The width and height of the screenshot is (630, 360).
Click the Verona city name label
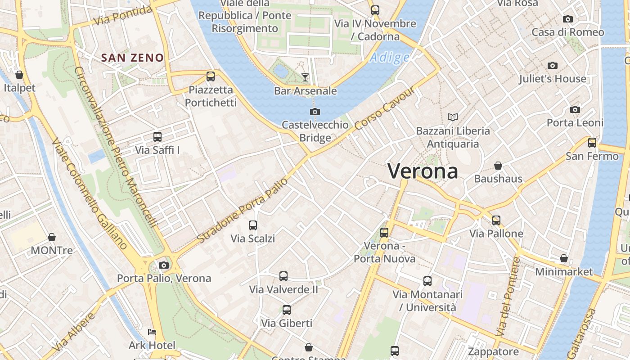(x=423, y=171)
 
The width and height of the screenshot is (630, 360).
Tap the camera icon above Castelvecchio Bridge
(x=315, y=112)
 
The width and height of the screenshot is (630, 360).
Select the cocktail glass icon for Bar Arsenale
(x=305, y=77)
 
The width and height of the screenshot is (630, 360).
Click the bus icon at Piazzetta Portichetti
(x=211, y=76)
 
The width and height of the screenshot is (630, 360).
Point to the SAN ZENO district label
(x=132, y=58)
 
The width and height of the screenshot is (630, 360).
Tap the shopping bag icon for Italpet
(x=19, y=74)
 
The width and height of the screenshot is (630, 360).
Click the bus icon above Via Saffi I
(x=157, y=136)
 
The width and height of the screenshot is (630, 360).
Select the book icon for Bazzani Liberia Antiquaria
(x=453, y=117)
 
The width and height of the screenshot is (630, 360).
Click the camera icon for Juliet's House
(x=553, y=66)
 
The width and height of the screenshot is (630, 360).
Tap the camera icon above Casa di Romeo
(x=568, y=19)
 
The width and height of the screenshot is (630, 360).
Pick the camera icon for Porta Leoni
(x=575, y=110)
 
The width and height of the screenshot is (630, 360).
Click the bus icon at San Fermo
(x=592, y=143)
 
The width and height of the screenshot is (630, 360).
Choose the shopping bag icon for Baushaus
(x=498, y=166)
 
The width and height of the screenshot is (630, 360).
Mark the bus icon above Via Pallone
(x=496, y=220)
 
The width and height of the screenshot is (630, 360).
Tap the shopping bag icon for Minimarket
(x=564, y=258)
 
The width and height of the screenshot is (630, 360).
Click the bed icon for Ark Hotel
(x=152, y=332)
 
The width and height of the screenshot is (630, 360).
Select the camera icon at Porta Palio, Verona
(x=164, y=265)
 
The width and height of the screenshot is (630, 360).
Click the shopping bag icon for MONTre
(x=52, y=237)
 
